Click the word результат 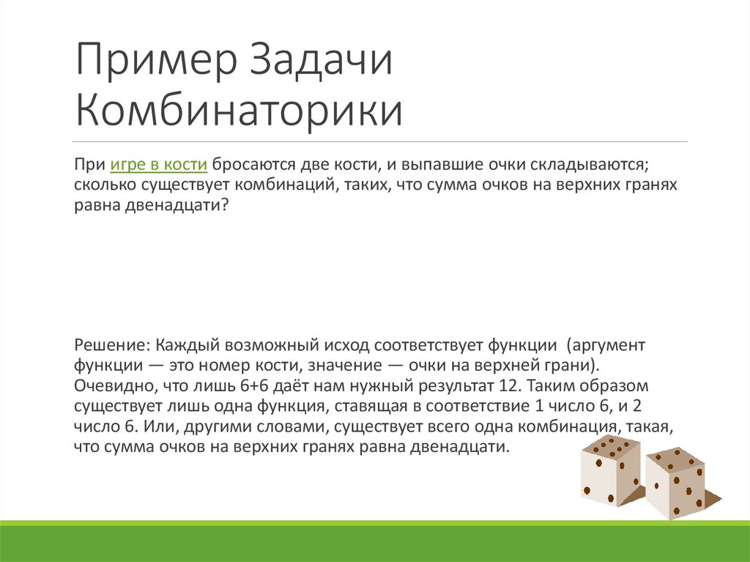tap(426, 385)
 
